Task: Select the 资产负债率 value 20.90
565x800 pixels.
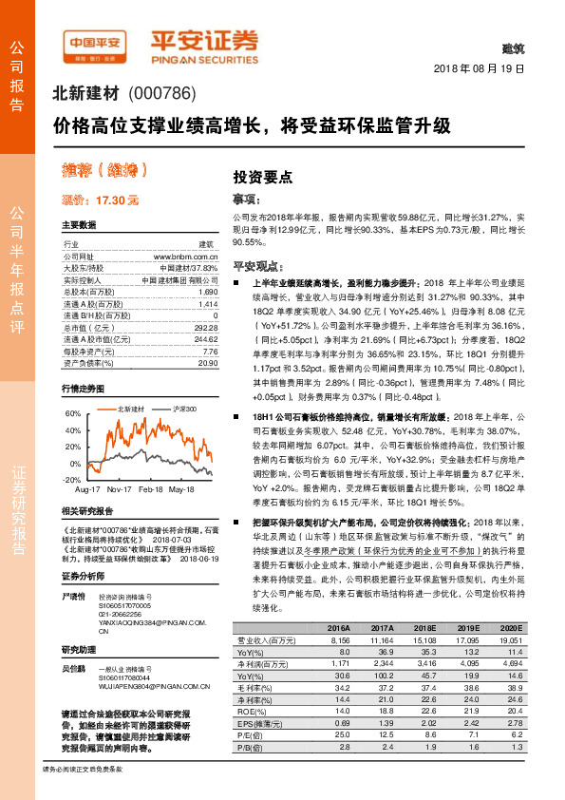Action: click(x=207, y=363)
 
